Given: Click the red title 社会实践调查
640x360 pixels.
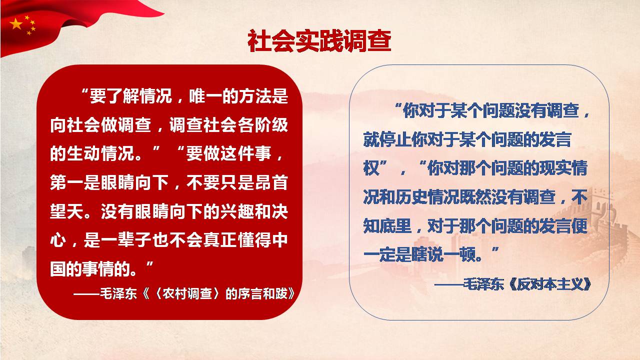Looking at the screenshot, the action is (x=319, y=41).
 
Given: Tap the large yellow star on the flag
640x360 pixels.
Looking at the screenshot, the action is (x=16, y=24).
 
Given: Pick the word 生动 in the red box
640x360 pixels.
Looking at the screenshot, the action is (x=84, y=153).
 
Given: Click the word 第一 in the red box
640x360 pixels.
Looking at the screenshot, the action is (x=66, y=182).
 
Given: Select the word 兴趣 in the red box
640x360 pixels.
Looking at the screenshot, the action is (x=237, y=211).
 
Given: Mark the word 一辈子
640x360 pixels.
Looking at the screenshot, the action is (x=125, y=240).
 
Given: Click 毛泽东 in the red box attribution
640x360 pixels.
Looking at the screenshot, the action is (x=118, y=293).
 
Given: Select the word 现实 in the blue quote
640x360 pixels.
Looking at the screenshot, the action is (x=555, y=168).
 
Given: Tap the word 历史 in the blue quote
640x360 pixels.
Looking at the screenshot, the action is (x=411, y=197).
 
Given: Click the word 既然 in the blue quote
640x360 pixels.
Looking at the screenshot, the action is (x=475, y=197).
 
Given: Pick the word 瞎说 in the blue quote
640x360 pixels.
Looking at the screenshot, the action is (x=427, y=254).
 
